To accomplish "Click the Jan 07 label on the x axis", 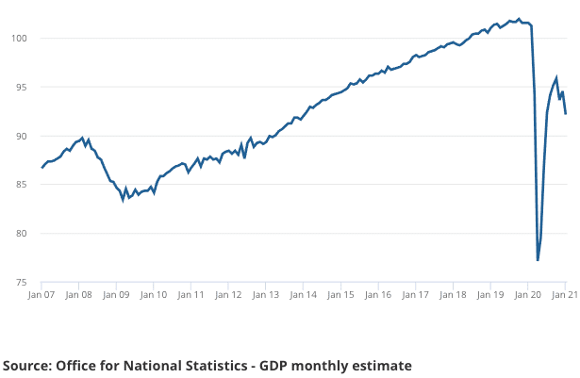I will pyautogui.click(x=41, y=295).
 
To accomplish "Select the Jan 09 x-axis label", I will pyautogui.click(x=116, y=295).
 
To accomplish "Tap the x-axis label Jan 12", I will pyautogui.click(x=229, y=295).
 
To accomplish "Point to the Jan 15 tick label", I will pyautogui.click(x=341, y=295).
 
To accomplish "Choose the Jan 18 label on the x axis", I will pyautogui.click(x=454, y=295).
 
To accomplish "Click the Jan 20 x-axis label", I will pyautogui.click(x=528, y=295).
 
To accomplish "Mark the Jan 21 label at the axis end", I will pyautogui.click(x=565, y=295).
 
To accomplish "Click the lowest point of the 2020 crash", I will pyautogui.click(x=538, y=260).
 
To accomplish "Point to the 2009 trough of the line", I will pyautogui.click(x=123, y=199).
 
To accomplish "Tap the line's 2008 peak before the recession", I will pyautogui.click(x=83, y=139).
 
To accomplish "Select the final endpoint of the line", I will pyautogui.click(x=566, y=114).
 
